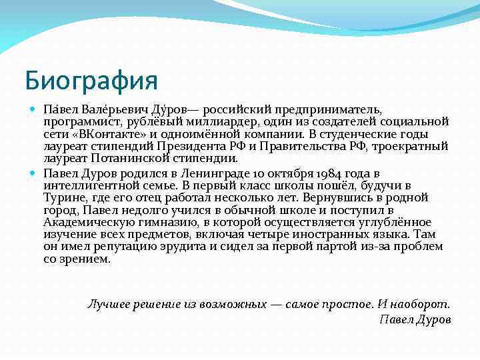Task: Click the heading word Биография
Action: (91, 81)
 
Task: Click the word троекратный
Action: (405, 146)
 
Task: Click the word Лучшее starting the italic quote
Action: (110, 304)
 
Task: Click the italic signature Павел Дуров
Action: (415, 319)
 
